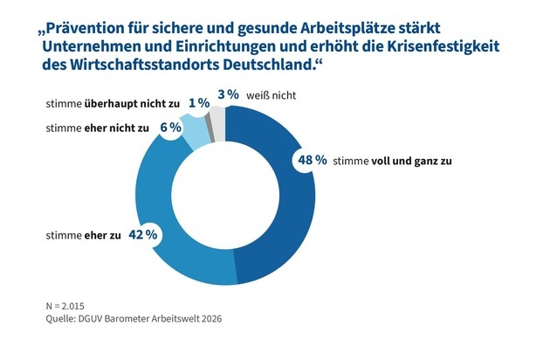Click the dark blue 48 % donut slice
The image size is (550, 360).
(288, 227)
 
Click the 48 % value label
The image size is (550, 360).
(309, 160)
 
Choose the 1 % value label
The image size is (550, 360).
(198, 103)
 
